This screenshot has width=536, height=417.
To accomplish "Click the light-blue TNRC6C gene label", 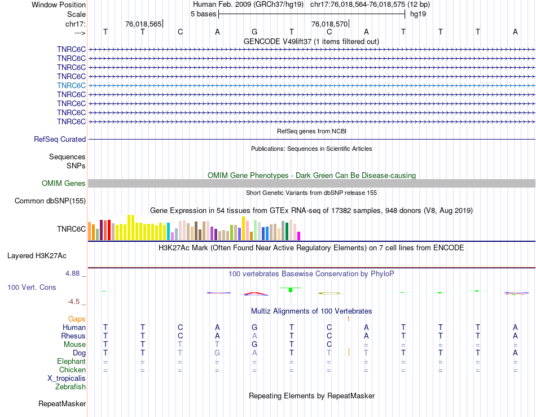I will (71, 85).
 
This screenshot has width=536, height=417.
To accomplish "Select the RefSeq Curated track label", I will (60, 139).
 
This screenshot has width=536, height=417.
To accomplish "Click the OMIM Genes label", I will (64, 183).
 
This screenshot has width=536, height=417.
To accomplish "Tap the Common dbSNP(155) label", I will (50, 201).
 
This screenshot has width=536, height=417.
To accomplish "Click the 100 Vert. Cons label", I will (32, 287).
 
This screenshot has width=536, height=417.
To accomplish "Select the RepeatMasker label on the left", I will (62, 404).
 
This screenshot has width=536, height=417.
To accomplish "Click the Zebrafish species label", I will (71, 387).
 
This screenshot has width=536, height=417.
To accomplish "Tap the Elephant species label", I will (71, 362).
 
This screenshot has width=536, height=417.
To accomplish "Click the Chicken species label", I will (72, 370).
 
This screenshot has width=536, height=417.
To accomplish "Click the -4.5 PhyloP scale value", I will (77, 302).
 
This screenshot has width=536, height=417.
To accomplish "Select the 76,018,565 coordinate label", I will (143, 24).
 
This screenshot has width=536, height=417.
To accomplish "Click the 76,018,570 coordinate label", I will (329, 24).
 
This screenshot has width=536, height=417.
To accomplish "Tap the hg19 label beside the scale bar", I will (418, 14).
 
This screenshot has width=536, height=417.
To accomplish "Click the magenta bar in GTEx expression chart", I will (299, 236).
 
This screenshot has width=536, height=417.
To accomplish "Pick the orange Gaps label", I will (77, 319).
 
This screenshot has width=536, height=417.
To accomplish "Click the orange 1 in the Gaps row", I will (349, 319).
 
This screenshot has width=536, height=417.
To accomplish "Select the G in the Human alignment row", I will (254, 328).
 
